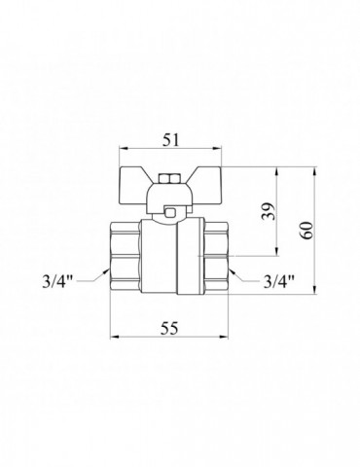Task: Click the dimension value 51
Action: [x=170, y=140]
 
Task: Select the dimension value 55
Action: [x=170, y=329]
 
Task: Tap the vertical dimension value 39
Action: [x=269, y=211]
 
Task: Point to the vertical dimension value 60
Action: [x=307, y=231]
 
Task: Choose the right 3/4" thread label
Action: [x=279, y=281]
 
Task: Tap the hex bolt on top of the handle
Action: [x=169, y=179]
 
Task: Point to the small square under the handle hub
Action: [x=169, y=213]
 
